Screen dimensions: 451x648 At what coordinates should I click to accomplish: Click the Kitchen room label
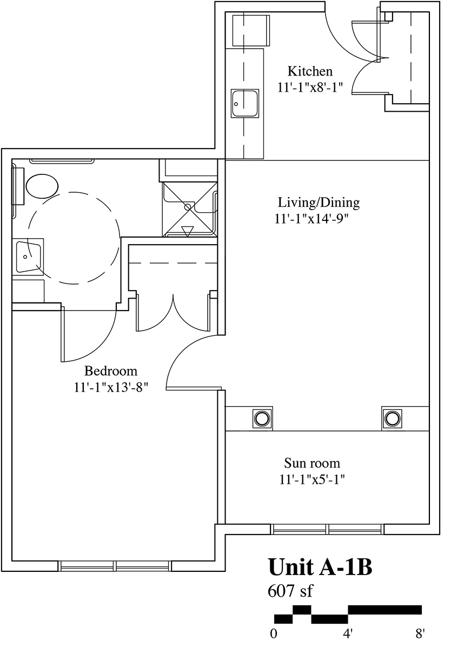click(x=310, y=71)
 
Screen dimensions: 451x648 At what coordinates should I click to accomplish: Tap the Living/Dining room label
click(x=319, y=202)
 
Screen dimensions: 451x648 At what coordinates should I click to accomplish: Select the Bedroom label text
click(x=111, y=371)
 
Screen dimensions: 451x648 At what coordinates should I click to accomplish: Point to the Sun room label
click(x=312, y=463)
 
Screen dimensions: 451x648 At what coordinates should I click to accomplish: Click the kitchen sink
click(x=244, y=103)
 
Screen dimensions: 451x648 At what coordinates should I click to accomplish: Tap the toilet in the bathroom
click(x=42, y=186)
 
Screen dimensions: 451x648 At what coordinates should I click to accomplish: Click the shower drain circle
click(x=188, y=208)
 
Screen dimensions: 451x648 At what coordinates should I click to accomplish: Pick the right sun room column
click(x=392, y=418)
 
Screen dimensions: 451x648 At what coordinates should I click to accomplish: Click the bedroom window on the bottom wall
click(x=115, y=565)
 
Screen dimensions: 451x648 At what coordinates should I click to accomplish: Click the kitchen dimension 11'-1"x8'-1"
click(x=310, y=87)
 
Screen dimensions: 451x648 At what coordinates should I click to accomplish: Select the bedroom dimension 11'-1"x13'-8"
click(x=111, y=387)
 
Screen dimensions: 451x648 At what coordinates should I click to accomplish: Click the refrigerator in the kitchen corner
click(x=251, y=31)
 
